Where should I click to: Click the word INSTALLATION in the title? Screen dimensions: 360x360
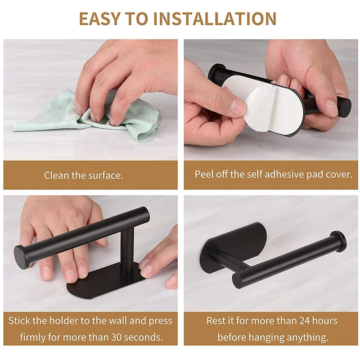(x=215, y=18)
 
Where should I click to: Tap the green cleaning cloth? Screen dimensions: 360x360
(x=90, y=117)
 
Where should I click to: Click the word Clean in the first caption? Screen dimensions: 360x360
(x=57, y=175)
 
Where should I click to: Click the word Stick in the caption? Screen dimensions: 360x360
(x=19, y=320)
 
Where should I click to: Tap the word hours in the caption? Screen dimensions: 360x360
(x=325, y=320)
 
